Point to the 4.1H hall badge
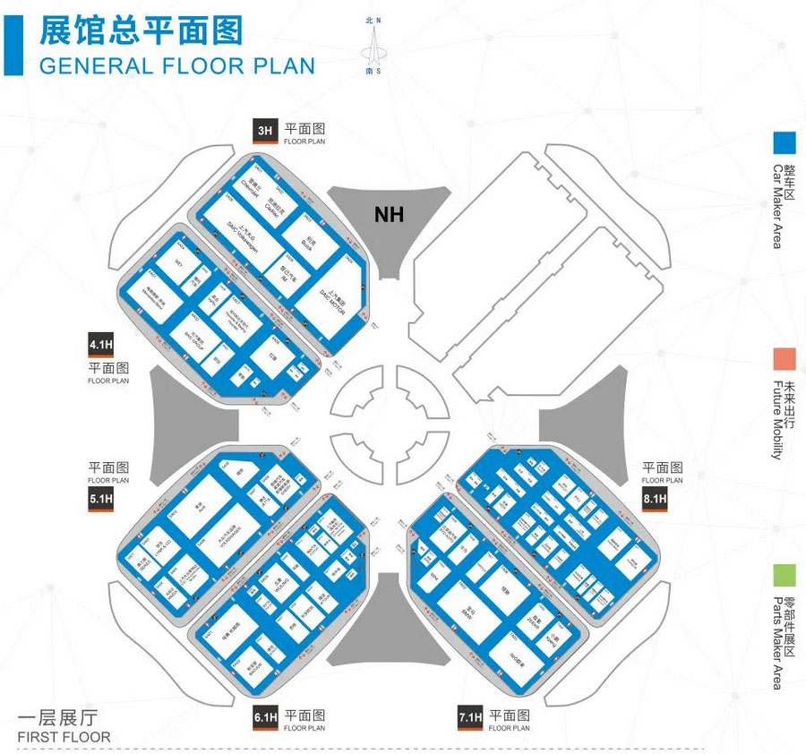pyautogui.click(x=100, y=345)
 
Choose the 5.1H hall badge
pyautogui.click(x=100, y=500)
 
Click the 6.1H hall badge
pyautogui.click(x=266, y=717)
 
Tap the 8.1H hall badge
pyautogui.click(x=655, y=500)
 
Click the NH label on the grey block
pyautogui.click(x=389, y=215)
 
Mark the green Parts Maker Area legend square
pyautogui.click(x=785, y=575)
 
